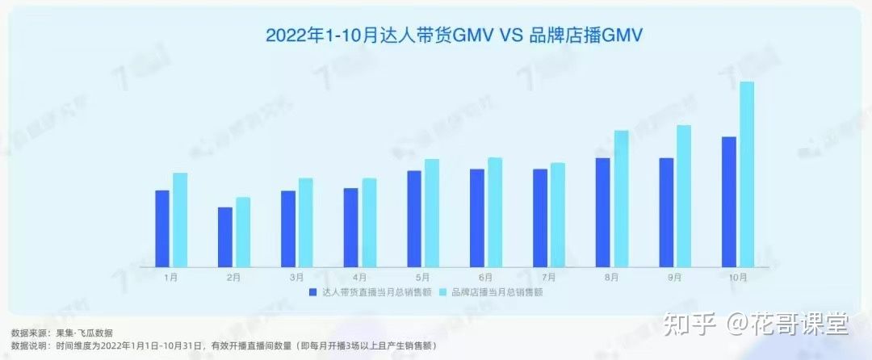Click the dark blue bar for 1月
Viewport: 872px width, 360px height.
(162, 228)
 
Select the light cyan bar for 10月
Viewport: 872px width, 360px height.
(747, 174)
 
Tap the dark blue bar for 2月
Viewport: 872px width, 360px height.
(225, 237)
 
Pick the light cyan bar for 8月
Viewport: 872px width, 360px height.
(621, 199)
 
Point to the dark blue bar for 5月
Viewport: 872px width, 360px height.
(414, 218)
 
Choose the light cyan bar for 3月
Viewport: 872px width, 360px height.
(306, 222)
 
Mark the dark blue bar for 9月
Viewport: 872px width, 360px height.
(666, 211)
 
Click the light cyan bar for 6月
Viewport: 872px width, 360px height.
(495, 211)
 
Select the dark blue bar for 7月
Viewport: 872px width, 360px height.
(540, 217)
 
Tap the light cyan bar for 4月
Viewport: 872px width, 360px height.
(369, 222)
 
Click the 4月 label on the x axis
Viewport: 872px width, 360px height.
(359, 278)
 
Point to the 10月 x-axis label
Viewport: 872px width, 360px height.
(737, 278)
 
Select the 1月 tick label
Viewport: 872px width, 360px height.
(170, 278)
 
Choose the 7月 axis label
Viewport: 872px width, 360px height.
(548, 278)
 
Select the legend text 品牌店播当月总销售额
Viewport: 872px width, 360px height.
(497, 292)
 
